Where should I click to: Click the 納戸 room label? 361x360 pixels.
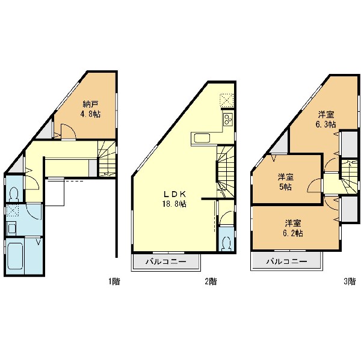pyautogui.click(x=90, y=105)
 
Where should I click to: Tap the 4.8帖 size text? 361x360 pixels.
pyautogui.click(x=90, y=114)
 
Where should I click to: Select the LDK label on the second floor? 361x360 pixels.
pyautogui.click(x=174, y=194)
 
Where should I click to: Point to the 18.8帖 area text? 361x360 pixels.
pyautogui.click(x=174, y=204)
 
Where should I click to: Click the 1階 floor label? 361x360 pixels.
pyautogui.click(x=114, y=281)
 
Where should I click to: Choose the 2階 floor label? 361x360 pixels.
pyautogui.click(x=211, y=281)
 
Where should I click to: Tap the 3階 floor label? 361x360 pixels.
pyautogui.click(x=350, y=281)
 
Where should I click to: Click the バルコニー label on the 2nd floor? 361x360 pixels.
pyautogui.click(x=166, y=261)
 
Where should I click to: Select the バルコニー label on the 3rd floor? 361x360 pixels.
pyautogui.click(x=286, y=261)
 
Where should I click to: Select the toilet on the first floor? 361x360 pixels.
pyautogui.click(x=14, y=194)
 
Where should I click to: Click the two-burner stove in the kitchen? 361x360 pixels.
pyautogui.click(x=228, y=120)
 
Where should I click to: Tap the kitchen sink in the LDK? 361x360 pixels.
pyautogui.click(x=202, y=138)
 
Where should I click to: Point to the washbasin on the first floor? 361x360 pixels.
pyautogui.click(x=11, y=228)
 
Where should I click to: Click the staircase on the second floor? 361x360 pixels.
pyautogui.click(x=225, y=171)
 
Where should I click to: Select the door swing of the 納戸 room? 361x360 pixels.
pyautogui.click(x=68, y=132)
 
